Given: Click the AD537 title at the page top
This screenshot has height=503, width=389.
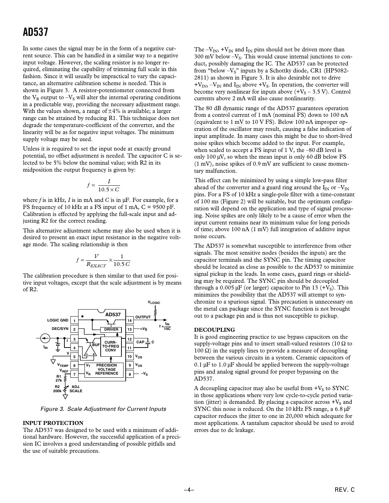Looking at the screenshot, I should pyautogui.click(x=35, y=32).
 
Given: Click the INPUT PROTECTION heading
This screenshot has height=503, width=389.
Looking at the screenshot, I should pyautogui.click(x=53, y=423).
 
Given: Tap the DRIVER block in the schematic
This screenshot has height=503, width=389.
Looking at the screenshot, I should pyautogui.click(x=111, y=329).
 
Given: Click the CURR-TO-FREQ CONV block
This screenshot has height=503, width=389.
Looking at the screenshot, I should pyautogui.click(x=111, y=346).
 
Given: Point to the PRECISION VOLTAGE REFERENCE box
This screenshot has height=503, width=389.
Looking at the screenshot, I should pyautogui.click(x=106, y=369).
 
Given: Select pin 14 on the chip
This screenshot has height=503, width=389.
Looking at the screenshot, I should pyautogui.click(x=130, y=320).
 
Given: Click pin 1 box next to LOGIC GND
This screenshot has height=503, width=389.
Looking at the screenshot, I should pyautogui.click(x=74, y=320).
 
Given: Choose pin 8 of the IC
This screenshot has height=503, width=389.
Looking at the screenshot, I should pyautogui.click(x=130, y=374).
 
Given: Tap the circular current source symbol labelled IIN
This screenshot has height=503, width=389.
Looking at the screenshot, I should pyautogui.click(x=45, y=338).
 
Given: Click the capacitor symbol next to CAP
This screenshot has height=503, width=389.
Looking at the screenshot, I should pyautogui.click(x=149, y=342).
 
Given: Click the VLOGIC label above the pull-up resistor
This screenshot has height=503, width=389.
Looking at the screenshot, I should pyautogui.click(x=154, y=303).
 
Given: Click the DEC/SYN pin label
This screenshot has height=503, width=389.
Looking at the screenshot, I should pyautogui.click(x=60, y=329).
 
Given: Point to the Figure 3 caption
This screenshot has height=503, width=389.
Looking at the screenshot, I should pyautogui.click(x=103, y=409).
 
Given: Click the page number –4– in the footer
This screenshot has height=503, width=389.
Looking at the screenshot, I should pyautogui.click(x=189, y=490).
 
